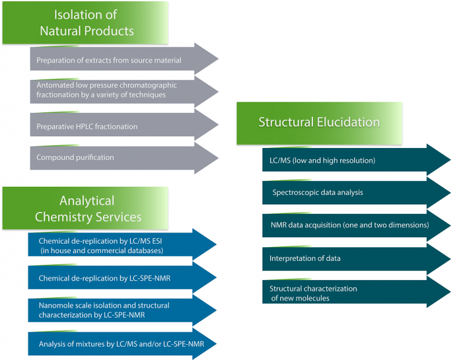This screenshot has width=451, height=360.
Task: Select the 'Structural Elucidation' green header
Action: click(x=319, y=122)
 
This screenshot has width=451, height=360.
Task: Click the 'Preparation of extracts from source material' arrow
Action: click(x=117, y=59)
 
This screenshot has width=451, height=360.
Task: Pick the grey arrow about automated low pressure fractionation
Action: click(x=117, y=90)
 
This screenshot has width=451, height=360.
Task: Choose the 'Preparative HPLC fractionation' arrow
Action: click(x=117, y=126)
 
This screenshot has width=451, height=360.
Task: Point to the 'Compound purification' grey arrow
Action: click(x=117, y=157)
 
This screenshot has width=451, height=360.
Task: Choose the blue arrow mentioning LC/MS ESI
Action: click(x=117, y=245)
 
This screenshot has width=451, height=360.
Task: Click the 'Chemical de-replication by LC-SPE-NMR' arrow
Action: click(x=117, y=277)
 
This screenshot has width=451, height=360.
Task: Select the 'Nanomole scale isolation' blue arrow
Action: click(x=117, y=309)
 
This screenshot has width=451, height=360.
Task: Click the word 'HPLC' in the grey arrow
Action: click(x=86, y=126)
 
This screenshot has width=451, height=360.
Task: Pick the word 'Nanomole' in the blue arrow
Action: click(x=55, y=305)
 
